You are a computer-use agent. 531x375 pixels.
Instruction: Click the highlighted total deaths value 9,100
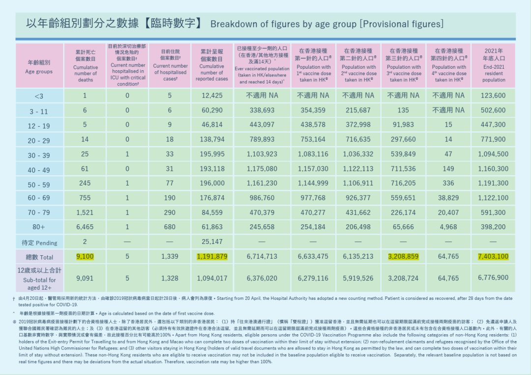(x=85, y=257)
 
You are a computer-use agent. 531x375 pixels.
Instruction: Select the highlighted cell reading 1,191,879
(x=212, y=257)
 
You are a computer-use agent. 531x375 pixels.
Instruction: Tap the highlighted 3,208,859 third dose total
(x=403, y=257)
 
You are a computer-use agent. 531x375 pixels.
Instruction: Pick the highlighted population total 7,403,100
(x=493, y=257)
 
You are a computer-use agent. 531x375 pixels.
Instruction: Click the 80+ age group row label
(x=39, y=228)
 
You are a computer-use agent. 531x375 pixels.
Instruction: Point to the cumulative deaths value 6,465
(x=85, y=227)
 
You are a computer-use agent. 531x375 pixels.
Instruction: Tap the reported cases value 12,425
(x=212, y=96)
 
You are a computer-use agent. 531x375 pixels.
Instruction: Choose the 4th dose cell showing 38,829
(x=448, y=198)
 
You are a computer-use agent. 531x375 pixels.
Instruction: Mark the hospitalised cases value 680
(x=170, y=227)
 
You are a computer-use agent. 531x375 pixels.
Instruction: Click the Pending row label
(x=39, y=242)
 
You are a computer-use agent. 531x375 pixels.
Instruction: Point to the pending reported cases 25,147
(x=212, y=242)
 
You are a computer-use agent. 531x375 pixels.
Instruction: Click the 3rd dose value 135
(x=403, y=110)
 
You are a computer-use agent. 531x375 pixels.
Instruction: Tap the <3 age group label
(x=39, y=96)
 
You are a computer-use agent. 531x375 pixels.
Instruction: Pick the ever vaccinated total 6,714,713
(x=262, y=257)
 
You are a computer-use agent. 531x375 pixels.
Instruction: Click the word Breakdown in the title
(x=233, y=24)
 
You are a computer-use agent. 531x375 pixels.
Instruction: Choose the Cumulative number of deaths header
(x=86, y=66)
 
